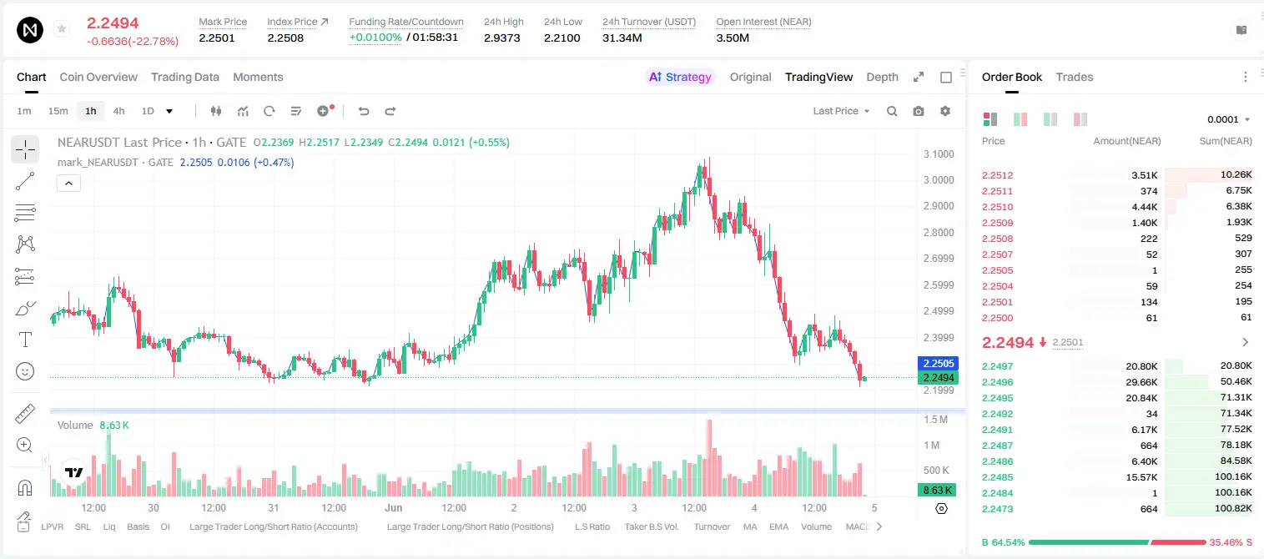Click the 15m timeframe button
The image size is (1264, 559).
pos(58,111)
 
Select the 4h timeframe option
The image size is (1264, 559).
pos(118,111)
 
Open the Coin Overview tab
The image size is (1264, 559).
pos(98,77)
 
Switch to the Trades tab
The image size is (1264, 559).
pos(1075,77)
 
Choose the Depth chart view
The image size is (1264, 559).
pos(882,77)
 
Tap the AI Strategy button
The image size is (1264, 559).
pos(680,77)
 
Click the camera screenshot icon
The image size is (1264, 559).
pos(919,111)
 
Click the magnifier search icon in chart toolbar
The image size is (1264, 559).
pos(892,111)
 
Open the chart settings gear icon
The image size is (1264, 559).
pos(945,111)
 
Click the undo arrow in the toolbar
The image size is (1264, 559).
pos(364,111)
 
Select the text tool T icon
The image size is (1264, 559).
pos(25,340)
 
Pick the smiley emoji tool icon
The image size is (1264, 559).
pos(25,371)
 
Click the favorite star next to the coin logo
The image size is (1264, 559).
pos(62,28)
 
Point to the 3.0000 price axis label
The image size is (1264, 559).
pos(939,180)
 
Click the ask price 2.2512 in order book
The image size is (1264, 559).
pos(997,175)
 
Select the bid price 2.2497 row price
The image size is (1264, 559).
pos(997,366)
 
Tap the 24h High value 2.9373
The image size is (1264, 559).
pos(501,38)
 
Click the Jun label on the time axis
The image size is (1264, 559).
pos(393,507)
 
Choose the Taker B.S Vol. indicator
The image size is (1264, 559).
pos(651,526)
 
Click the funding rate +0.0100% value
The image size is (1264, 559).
pos(375,38)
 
